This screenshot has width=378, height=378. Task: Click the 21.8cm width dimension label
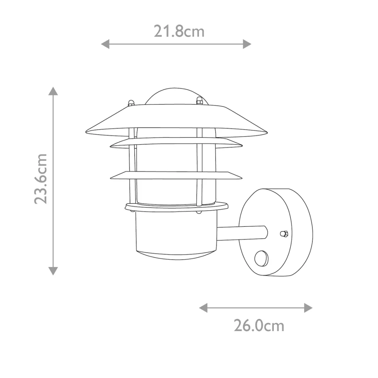[179, 31]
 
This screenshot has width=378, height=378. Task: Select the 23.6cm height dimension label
[40, 179]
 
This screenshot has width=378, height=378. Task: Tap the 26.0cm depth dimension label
[259, 326]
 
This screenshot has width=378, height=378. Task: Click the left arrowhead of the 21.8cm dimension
[105, 44]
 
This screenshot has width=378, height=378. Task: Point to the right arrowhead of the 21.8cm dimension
[247, 44]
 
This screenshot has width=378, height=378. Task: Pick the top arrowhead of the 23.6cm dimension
[53, 91]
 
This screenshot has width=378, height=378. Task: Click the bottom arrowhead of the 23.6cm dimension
[53, 271]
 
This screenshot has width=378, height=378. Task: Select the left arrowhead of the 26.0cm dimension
[203, 308]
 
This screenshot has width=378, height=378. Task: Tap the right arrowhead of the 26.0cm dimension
[308, 308]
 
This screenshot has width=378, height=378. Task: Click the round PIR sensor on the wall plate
[262, 259]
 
